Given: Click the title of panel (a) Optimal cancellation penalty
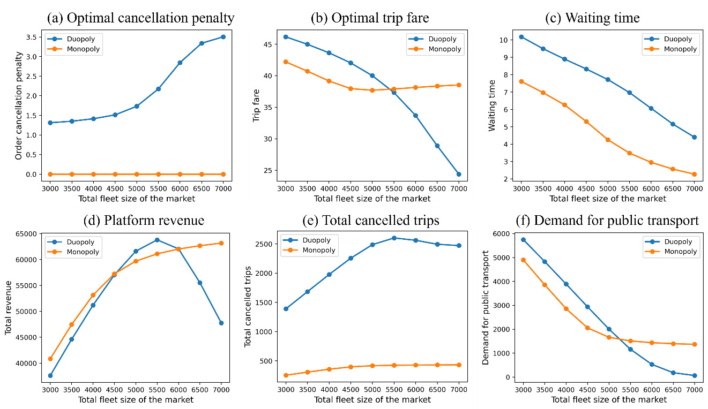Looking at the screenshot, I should [141, 18].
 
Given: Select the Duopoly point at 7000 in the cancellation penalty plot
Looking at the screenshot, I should [223, 37].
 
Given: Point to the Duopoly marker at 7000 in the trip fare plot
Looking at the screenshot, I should [459, 174].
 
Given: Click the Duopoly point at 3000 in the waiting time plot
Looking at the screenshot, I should [521, 37].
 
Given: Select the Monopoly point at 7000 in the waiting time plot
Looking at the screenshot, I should [694, 174].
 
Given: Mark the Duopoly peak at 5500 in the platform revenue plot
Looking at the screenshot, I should [157, 240].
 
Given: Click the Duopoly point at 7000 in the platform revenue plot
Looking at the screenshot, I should [221, 323].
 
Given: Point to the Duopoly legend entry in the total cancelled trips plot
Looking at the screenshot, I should [316, 240].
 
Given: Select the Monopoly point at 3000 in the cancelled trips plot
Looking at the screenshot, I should [286, 375].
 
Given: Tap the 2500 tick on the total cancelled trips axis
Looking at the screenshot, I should [268, 244].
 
